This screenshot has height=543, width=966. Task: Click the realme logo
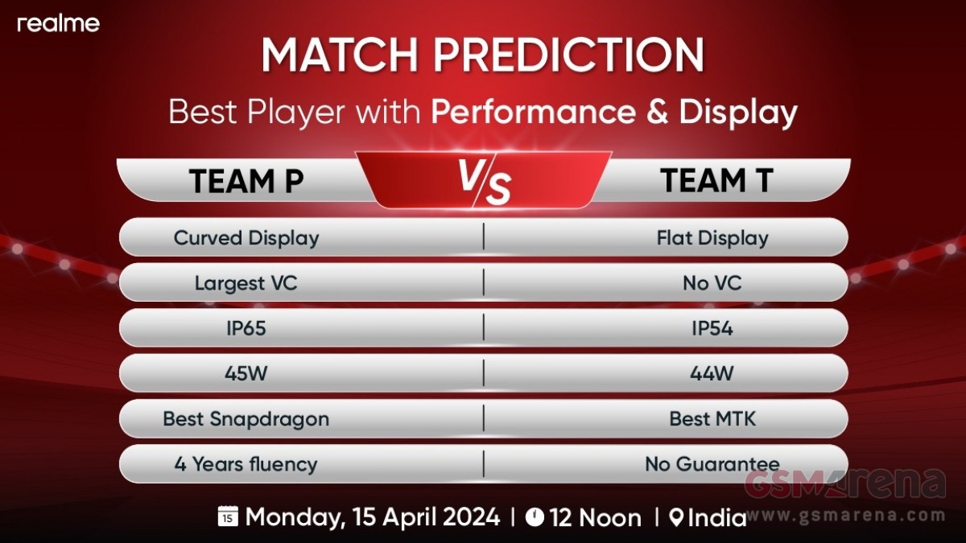(58, 23)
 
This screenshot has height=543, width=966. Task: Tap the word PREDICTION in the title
(569, 56)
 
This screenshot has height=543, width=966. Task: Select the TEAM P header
(246, 181)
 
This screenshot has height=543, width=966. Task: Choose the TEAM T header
(716, 180)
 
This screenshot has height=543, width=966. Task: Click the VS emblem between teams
(484, 181)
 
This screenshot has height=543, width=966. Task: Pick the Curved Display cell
(246, 238)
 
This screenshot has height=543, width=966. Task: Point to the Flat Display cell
(712, 238)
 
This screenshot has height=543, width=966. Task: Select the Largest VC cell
(246, 283)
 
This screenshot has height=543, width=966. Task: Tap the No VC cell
(712, 283)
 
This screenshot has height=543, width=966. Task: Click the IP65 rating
(246, 329)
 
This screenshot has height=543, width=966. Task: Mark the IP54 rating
(712, 329)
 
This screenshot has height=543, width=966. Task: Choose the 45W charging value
(246, 373)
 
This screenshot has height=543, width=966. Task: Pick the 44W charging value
(712, 373)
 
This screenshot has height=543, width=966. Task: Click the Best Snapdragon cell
(246, 419)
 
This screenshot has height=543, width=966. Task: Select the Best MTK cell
(712, 419)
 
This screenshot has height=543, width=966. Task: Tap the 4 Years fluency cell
(246, 465)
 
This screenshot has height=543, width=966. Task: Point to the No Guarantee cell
(712, 464)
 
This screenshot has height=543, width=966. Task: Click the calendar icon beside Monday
(228, 516)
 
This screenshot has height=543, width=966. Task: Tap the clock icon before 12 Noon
(535, 516)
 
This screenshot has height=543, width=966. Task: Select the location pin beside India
(677, 517)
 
